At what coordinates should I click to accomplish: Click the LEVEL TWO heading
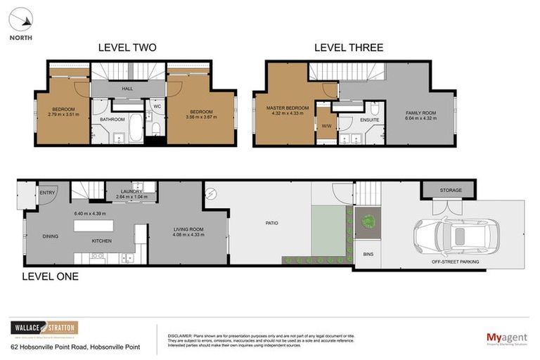(x=127, y=48)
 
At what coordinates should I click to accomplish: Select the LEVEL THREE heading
(x=349, y=48)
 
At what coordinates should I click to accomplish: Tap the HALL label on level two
(x=127, y=89)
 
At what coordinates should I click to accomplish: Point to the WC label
(x=157, y=107)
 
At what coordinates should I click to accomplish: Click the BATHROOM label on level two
(x=112, y=120)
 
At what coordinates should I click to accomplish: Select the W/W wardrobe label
(x=326, y=127)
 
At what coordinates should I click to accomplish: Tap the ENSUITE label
(x=370, y=120)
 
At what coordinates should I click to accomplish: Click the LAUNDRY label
(x=131, y=191)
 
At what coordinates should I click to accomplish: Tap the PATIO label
(x=272, y=223)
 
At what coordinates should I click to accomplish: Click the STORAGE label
(x=451, y=190)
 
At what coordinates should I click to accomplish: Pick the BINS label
(x=368, y=253)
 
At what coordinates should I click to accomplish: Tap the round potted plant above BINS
(x=367, y=221)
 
